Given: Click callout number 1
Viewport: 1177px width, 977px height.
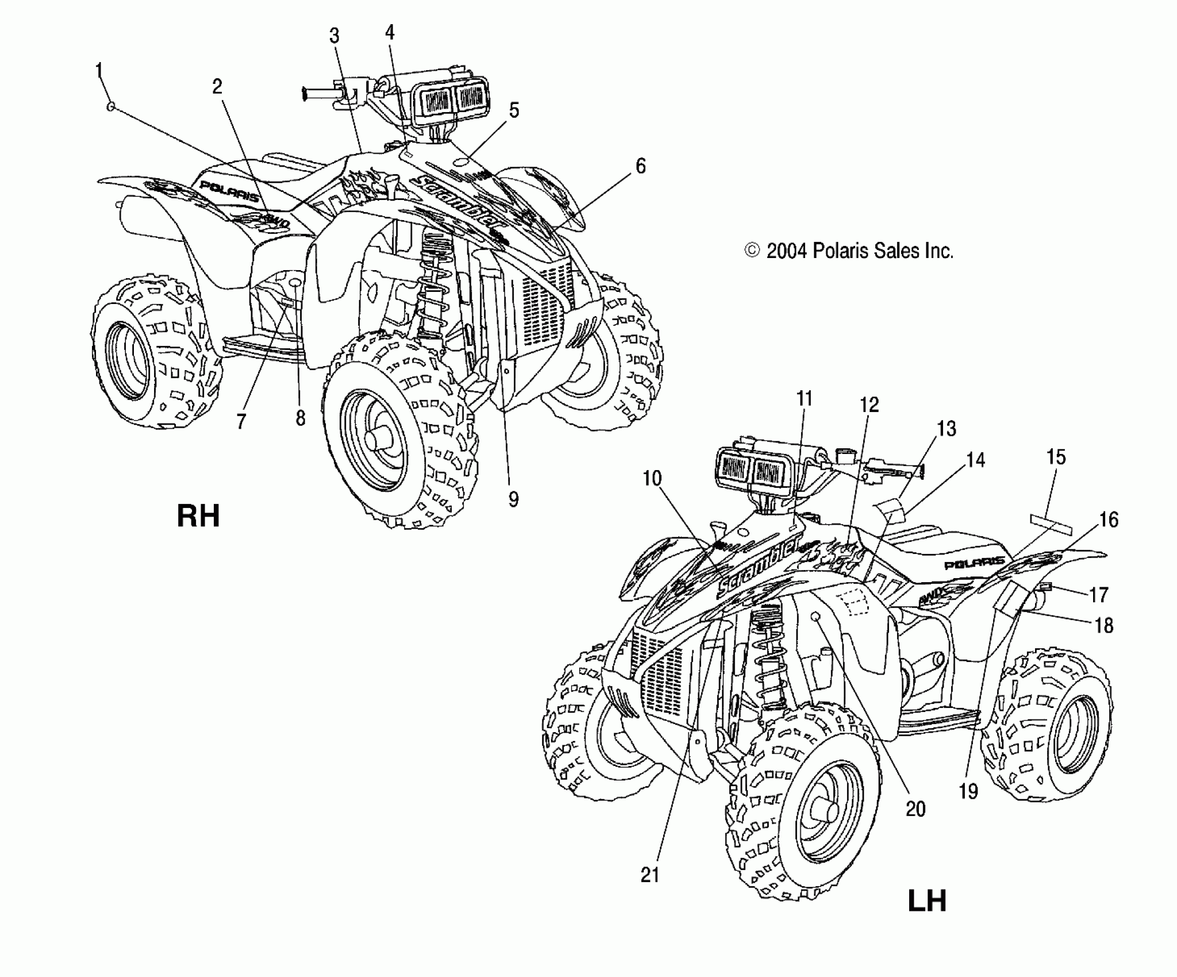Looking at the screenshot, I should (99, 71).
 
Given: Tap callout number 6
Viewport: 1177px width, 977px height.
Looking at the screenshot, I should (640, 167).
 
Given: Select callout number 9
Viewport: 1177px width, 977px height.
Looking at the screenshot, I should (513, 499).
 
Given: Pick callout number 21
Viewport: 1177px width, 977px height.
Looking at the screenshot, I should (649, 875).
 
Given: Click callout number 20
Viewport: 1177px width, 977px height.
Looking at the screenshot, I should (916, 809).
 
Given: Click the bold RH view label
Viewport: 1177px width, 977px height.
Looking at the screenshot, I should (198, 516).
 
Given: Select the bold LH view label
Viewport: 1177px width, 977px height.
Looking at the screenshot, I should (927, 901).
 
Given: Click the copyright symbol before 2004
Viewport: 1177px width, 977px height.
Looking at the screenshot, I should (751, 251).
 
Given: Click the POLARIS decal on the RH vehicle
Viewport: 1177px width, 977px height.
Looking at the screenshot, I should (229, 191).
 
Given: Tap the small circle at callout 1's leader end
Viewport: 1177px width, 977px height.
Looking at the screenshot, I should (111, 106).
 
